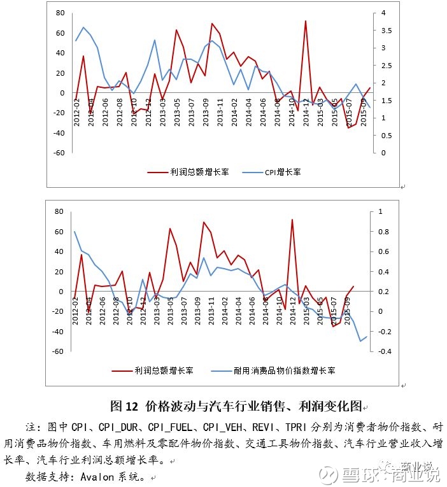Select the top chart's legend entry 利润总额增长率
tap(192, 173)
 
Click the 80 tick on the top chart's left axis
tap(60, 13)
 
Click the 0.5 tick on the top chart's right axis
tap(385, 135)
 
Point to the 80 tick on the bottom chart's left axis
tap(60, 211)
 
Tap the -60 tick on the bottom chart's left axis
tap(59, 351)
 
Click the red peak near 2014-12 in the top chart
tap(306, 21)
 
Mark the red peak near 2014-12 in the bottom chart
tap(292, 220)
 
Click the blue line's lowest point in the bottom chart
tap(361, 341)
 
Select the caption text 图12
tap(124, 406)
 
